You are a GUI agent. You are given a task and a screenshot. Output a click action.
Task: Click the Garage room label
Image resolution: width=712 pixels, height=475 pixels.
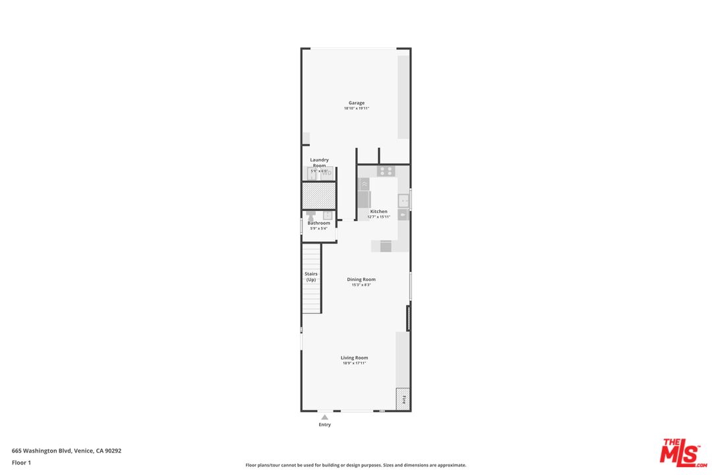click(357, 103)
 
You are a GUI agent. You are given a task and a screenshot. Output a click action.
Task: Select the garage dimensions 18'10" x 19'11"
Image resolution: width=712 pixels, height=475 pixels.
click(357, 108)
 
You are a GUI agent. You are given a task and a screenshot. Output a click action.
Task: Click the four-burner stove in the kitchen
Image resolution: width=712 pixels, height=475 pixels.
click(386, 171)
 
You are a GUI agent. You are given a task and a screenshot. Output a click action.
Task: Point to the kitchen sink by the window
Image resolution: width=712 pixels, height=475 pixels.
click(403, 199)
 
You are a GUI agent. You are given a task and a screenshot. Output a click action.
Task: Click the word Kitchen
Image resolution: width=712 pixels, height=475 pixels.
click(378, 211)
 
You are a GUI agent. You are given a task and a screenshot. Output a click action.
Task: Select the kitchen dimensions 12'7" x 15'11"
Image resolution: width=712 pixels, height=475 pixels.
click(378, 216)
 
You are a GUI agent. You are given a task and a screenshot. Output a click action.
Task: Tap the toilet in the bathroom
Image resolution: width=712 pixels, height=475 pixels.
click(311, 214)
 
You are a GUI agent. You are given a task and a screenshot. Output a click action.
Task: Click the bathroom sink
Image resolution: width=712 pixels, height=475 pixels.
click(326, 214)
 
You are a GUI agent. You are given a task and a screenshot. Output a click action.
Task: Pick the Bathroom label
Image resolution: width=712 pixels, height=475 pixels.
click(319, 223)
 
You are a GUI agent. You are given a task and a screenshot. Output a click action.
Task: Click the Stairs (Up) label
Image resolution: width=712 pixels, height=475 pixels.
click(311, 276)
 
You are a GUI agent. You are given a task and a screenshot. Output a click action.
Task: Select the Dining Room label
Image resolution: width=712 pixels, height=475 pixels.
click(361, 279)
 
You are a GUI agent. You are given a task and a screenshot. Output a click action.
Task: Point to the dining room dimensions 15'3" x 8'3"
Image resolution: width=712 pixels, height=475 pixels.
click(361, 285)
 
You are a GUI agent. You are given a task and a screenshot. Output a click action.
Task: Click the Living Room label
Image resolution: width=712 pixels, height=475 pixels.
click(354, 358)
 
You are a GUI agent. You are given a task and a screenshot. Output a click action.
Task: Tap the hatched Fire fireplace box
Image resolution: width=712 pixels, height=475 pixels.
click(403, 399)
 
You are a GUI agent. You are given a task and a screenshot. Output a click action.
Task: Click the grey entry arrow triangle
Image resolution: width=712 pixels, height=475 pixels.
click(324, 417)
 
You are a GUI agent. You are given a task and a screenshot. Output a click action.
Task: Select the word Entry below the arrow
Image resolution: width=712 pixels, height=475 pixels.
click(324, 425)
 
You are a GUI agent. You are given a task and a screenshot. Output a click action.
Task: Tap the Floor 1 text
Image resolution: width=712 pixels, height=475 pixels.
click(21, 462)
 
